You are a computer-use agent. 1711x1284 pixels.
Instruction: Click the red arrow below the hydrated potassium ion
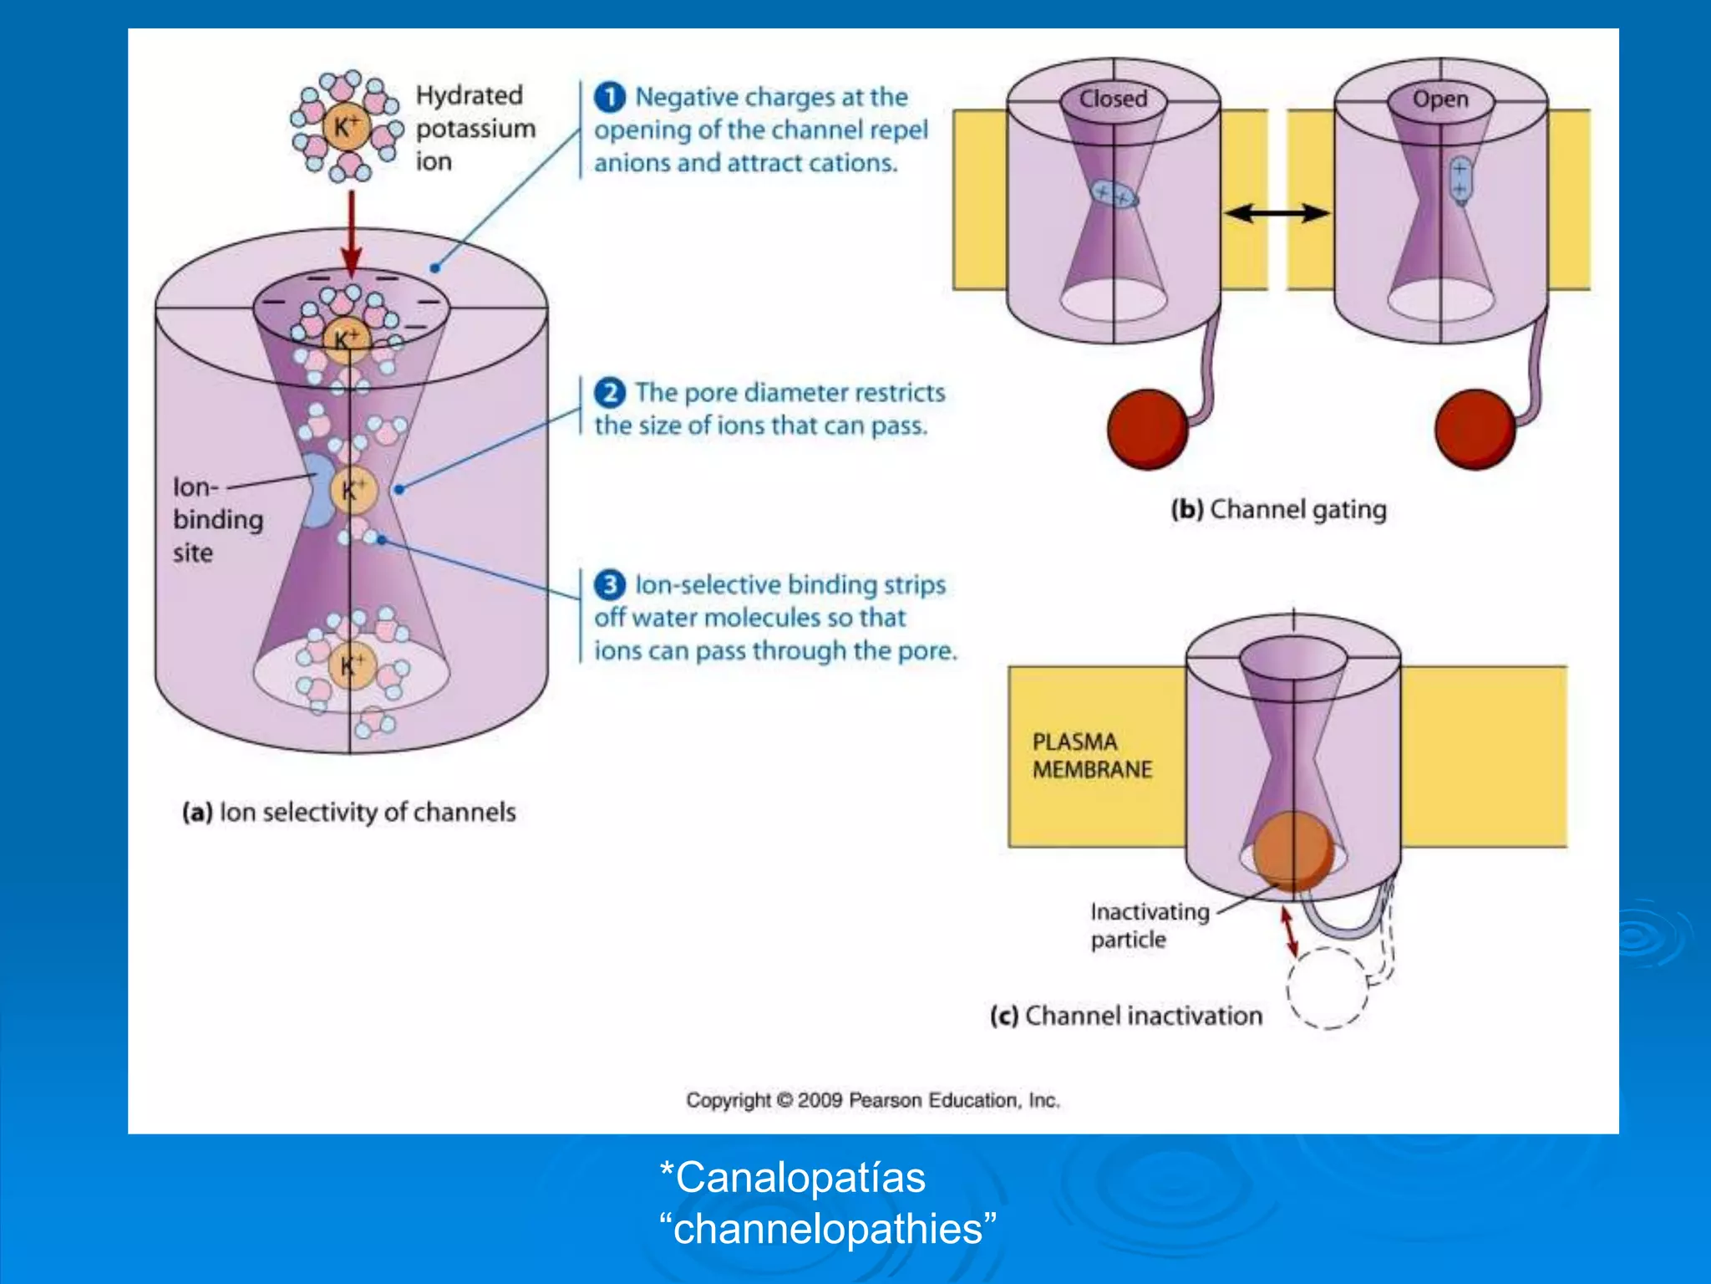coord(352,234)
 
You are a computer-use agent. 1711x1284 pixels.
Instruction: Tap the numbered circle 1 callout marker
coord(610,97)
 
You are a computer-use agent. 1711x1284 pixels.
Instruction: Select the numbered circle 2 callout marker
coord(610,392)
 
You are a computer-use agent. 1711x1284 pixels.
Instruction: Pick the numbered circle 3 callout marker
coord(610,584)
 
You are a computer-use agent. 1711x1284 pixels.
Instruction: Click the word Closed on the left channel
coord(1113,99)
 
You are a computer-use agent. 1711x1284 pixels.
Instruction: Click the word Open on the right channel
coord(1440,99)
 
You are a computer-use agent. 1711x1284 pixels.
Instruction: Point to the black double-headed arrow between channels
coord(1277,214)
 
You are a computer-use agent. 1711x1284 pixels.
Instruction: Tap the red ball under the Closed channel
coord(1148,429)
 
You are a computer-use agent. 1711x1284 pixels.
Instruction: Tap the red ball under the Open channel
coord(1475,429)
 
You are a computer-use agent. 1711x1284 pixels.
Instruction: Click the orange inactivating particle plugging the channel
coord(1292,851)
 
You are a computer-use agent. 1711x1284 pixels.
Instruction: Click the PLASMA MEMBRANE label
coord(1092,756)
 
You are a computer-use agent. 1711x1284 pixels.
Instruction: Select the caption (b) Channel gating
coord(1278,509)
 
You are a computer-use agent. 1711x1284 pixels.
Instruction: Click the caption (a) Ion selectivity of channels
coord(349,812)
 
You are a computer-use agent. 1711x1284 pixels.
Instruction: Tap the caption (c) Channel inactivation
coord(1126,1016)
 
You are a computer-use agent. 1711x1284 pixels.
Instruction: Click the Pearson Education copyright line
coord(872,1100)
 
